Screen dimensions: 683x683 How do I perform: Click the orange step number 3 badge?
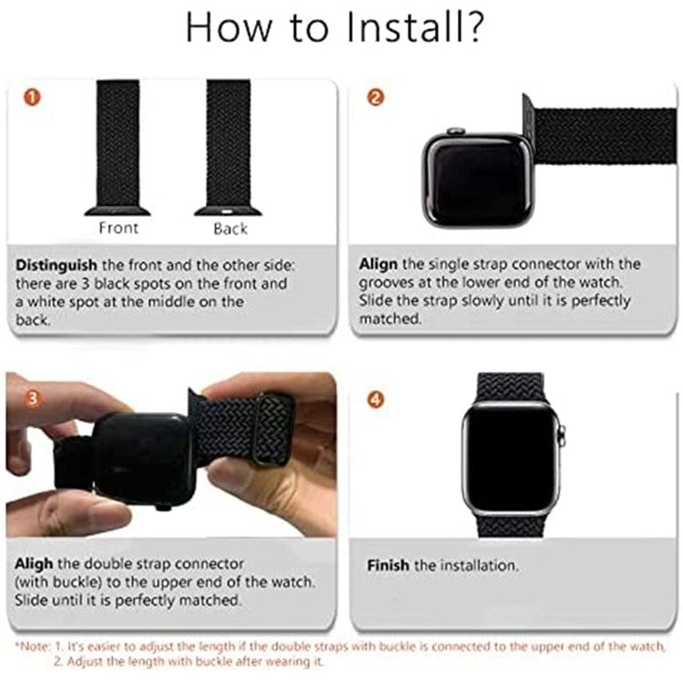point(32,397)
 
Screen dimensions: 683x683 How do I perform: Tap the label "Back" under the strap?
point(229,228)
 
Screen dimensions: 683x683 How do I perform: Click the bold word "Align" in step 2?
point(377,264)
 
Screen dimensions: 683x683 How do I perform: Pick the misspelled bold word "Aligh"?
point(35,564)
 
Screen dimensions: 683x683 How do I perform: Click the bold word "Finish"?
point(388,566)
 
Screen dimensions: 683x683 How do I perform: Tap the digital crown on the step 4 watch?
point(562,431)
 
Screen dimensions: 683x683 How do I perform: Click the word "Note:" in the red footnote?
point(31,646)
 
